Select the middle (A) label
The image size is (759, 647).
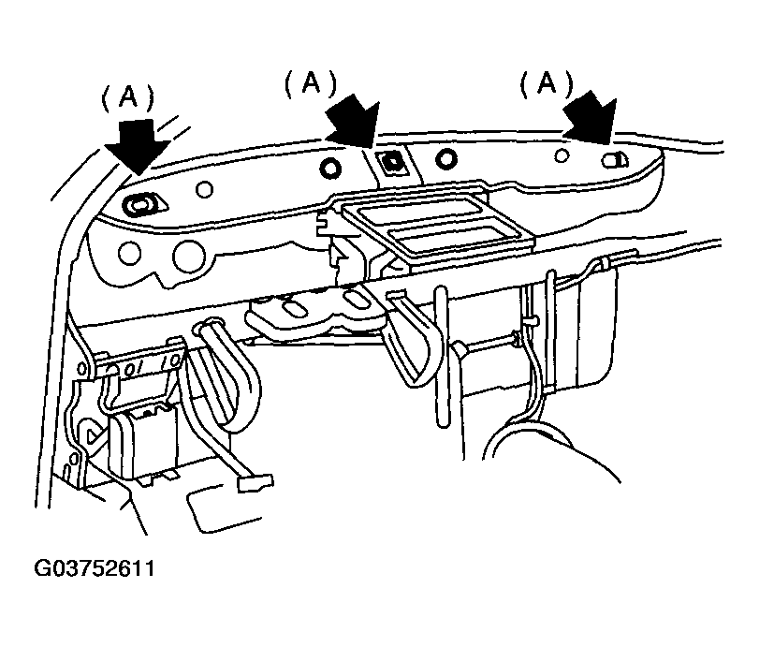click(311, 83)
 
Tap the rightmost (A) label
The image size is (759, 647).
click(546, 82)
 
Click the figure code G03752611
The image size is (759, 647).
click(95, 568)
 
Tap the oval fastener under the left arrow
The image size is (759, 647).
click(141, 204)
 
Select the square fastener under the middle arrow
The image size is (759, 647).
click(391, 162)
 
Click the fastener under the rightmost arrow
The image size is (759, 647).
click(614, 160)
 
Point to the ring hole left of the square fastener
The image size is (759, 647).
click(330, 168)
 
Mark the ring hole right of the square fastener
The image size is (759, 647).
click(445, 158)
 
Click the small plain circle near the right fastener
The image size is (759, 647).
click(562, 155)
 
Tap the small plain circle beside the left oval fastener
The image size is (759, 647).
click(204, 189)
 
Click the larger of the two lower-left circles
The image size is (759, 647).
click(189, 256)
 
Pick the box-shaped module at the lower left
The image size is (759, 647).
click(143, 443)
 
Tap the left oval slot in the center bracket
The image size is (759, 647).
click(291, 310)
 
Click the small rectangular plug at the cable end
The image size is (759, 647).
click(255, 483)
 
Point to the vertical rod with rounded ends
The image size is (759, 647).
click(441, 357)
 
